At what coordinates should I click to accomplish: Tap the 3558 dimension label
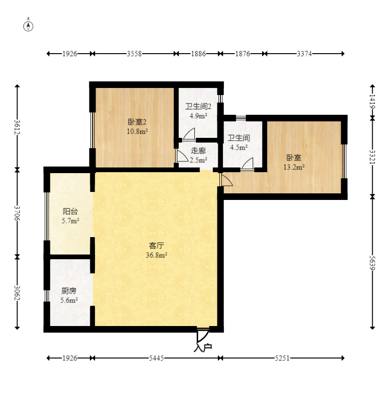point(134,54)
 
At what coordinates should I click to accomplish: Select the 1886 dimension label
point(198,54)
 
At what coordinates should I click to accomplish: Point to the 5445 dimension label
point(156,358)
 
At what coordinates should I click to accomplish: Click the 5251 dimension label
point(282,358)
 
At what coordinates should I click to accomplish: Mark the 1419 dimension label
point(372,102)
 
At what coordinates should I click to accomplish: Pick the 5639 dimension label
point(372,263)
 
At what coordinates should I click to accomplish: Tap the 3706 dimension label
point(17,213)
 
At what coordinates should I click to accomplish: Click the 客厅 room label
point(156,246)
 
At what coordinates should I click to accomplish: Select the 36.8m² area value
point(156,255)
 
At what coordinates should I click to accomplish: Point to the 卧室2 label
point(137,122)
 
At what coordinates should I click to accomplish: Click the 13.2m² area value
point(294,167)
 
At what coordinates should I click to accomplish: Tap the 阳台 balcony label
point(70,211)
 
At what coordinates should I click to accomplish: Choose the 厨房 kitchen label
point(69,291)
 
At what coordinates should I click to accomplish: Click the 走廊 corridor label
point(198,151)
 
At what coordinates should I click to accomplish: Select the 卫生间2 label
point(198,106)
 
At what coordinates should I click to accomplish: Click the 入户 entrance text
point(203,348)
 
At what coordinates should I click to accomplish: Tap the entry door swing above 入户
point(203,335)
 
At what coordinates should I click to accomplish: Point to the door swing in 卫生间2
point(189,134)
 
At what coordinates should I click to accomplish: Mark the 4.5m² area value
point(239,147)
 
